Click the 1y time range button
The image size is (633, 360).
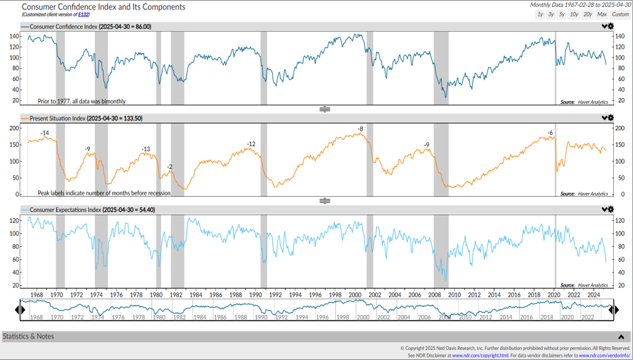(x=540, y=14)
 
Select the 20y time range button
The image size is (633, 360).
(x=587, y=14)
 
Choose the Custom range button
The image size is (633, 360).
(x=620, y=14)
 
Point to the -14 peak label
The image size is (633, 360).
(x=45, y=134)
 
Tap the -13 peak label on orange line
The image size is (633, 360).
(x=146, y=149)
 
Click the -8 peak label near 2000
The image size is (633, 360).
(x=360, y=129)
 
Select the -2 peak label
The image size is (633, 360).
(x=169, y=167)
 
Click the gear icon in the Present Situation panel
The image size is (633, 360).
(x=610, y=118)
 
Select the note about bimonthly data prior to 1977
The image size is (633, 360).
(x=81, y=101)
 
